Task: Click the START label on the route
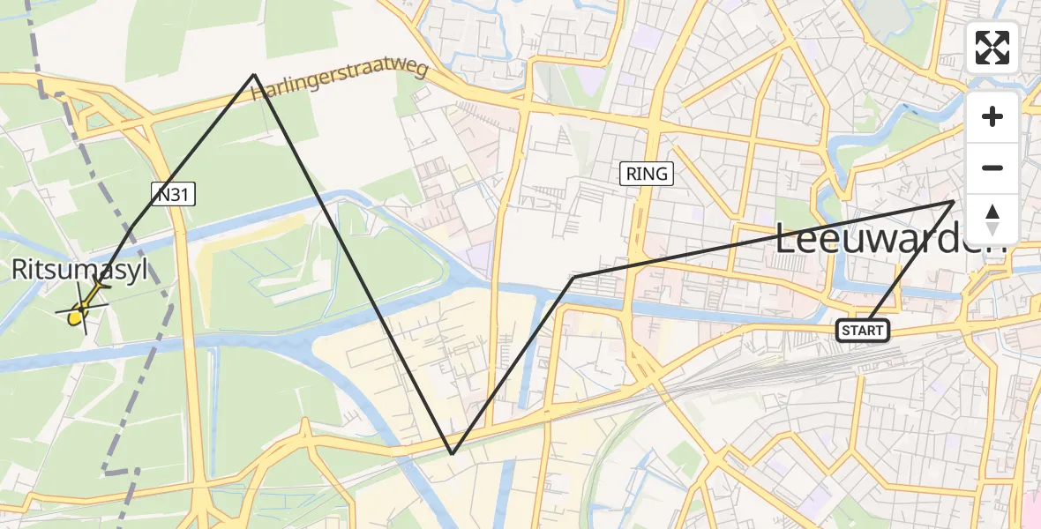[x=863, y=331]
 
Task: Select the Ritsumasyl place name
[x=79, y=270]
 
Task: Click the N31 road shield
[x=172, y=197]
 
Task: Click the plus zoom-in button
[x=992, y=117]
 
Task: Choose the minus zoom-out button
[x=992, y=168]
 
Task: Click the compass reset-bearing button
[x=992, y=219]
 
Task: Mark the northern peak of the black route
[x=255, y=74]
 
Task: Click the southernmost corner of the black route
[x=452, y=454]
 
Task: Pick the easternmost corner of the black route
[x=954, y=202]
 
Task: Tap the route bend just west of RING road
[x=574, y=277]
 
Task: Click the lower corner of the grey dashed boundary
[x=106, y=473]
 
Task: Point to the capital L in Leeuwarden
[x=786, y=239]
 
